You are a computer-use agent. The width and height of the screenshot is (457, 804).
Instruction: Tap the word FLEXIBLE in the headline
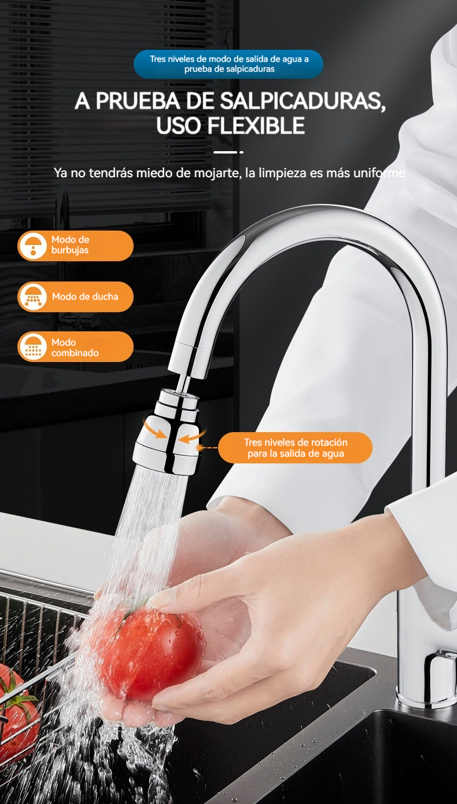pyautogui.click(x=256, y=125)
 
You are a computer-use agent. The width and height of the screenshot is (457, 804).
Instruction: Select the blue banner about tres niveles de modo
pyautogui.click(x=228, y=64)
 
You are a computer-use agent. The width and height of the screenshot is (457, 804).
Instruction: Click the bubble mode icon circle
pyautogui.click(x=33, y=246)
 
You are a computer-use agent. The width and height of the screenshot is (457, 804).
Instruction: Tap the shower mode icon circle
pyautogui.click(x=33, y=297)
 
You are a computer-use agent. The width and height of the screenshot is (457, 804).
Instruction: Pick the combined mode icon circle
pyautogui.click(x=33, y=347)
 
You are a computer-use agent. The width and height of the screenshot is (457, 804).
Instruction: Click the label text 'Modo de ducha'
pyautogui.click(x=85, y=297)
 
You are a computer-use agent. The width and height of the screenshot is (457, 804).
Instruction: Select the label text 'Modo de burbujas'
pyautogui.click(x=70, y=245)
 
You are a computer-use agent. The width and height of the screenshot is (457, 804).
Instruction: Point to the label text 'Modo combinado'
pyautogui.click(x=75, y=348)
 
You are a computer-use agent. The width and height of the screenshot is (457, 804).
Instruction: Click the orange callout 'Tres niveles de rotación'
pyautogui.click(x=296, y=448)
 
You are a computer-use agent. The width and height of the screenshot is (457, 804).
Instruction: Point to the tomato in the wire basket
pyautogui.click(x=16, y=711)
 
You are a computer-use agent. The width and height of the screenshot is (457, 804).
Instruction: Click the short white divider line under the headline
pyautogui.click(x=228, y=152)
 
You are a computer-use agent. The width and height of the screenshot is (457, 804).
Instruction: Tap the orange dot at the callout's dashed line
pyautogui.click(x=200, y=448)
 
